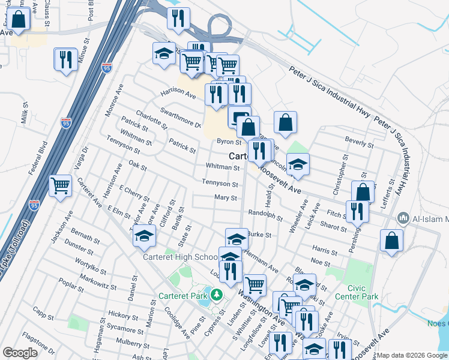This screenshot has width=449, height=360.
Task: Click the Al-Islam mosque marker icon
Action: click(403, 218)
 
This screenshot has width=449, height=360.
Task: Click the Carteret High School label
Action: click(180, 257)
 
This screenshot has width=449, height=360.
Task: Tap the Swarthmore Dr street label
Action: click(180, 118)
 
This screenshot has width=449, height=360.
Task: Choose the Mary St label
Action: click(226, 197)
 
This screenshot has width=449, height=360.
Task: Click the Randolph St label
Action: click(265, 214)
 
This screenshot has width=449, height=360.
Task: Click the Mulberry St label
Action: click(134, 343)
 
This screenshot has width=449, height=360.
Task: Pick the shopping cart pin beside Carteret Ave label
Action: click(61, 186)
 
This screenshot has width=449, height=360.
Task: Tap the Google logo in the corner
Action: click(20, 352)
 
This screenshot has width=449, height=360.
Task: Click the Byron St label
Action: click(229, 142)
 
